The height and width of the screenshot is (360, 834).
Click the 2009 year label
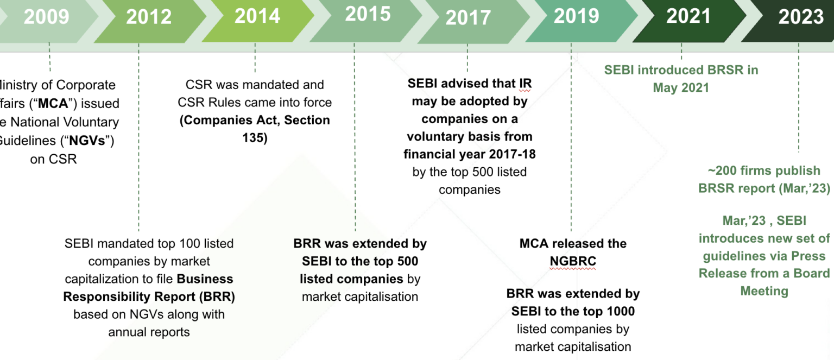(x=46, y=17)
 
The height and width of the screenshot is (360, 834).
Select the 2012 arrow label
(x=149, y=17)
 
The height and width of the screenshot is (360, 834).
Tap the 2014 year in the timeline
(x=257, y=16)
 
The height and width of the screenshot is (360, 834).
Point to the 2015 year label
(x=368, y=15)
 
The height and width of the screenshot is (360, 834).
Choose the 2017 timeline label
(x=468, y=18)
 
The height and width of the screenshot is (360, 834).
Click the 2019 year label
(x=576, y=16)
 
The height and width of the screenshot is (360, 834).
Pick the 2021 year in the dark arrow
(x=688, y=16)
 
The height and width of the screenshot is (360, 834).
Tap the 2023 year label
(x=801, y=17)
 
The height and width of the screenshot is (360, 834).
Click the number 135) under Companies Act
(x=255, y=138)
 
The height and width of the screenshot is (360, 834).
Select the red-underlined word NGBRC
(x=573, y=261)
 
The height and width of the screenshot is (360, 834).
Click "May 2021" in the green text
(x=681, y=88)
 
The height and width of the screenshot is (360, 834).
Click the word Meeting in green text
(x=764, y=291)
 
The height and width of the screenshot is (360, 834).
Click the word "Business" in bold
(x=205, y=279)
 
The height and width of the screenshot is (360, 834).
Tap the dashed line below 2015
(x=355, y=136)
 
